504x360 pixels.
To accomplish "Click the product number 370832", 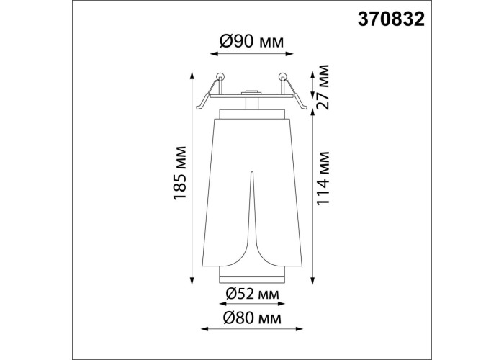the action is [x=391, y=19].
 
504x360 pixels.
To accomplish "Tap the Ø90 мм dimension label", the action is [x=252, y=42].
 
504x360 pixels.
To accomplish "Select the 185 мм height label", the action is [x=180, y=173].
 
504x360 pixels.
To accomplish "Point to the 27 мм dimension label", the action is [x=323, y=87].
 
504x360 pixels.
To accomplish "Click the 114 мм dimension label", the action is [x=323, y=178].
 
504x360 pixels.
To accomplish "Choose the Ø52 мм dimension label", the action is [x=252, y=294].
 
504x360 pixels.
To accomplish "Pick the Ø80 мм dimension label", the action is [x=253, y=318].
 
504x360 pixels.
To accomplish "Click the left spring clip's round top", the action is [x=220, y=76].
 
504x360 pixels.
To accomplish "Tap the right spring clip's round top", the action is [x=283, y=76].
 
